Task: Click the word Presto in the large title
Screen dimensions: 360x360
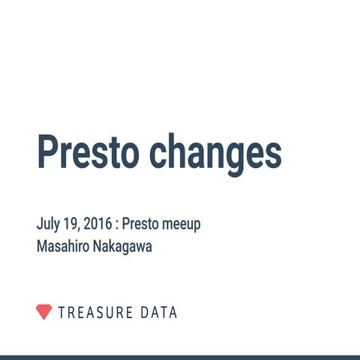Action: [88, 152]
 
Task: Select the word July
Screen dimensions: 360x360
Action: [47, 224]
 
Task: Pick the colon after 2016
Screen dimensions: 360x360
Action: [115, 225]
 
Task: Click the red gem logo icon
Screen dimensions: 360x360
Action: [44, 312]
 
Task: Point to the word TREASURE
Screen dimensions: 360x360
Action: [95, 312]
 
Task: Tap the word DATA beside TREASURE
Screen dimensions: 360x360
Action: [159, 312]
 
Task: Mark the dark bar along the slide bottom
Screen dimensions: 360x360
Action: [180, 357]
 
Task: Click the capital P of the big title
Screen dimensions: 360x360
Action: [47, 152]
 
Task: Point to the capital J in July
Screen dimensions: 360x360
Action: [39, 224]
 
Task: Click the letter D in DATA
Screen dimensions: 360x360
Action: [145, 312]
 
